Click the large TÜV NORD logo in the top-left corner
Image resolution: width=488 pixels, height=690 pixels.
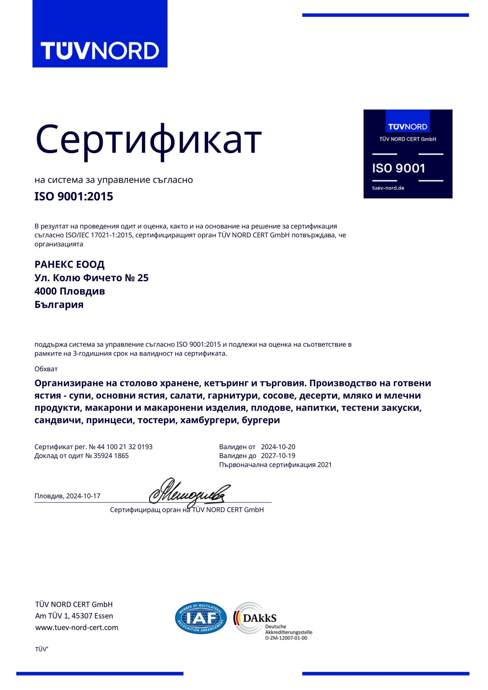[100, 50]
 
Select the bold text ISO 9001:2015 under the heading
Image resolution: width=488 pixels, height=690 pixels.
[74, 196]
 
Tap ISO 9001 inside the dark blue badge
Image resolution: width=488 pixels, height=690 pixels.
[398, 168]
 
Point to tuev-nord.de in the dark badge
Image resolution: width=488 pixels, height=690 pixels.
[388, 188]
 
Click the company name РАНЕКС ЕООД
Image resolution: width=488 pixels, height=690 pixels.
[70, 264]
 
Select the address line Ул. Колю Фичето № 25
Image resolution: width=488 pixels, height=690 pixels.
[91, 278]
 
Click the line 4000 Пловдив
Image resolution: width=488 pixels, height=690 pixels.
[70, 291]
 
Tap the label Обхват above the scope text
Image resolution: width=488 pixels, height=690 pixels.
[46, 369]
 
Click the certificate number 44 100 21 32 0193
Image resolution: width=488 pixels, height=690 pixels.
[125, 447]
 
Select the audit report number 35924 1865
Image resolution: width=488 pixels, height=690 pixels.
[111, 456]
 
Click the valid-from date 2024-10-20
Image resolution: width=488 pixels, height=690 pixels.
[278, 447]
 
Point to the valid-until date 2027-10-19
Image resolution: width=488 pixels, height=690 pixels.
[278, 456]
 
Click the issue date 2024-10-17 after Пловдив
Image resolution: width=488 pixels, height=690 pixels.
[83, 496]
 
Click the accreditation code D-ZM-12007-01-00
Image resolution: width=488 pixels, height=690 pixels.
[286, 638]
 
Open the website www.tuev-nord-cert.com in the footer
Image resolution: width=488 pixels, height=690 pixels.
[77, 627]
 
